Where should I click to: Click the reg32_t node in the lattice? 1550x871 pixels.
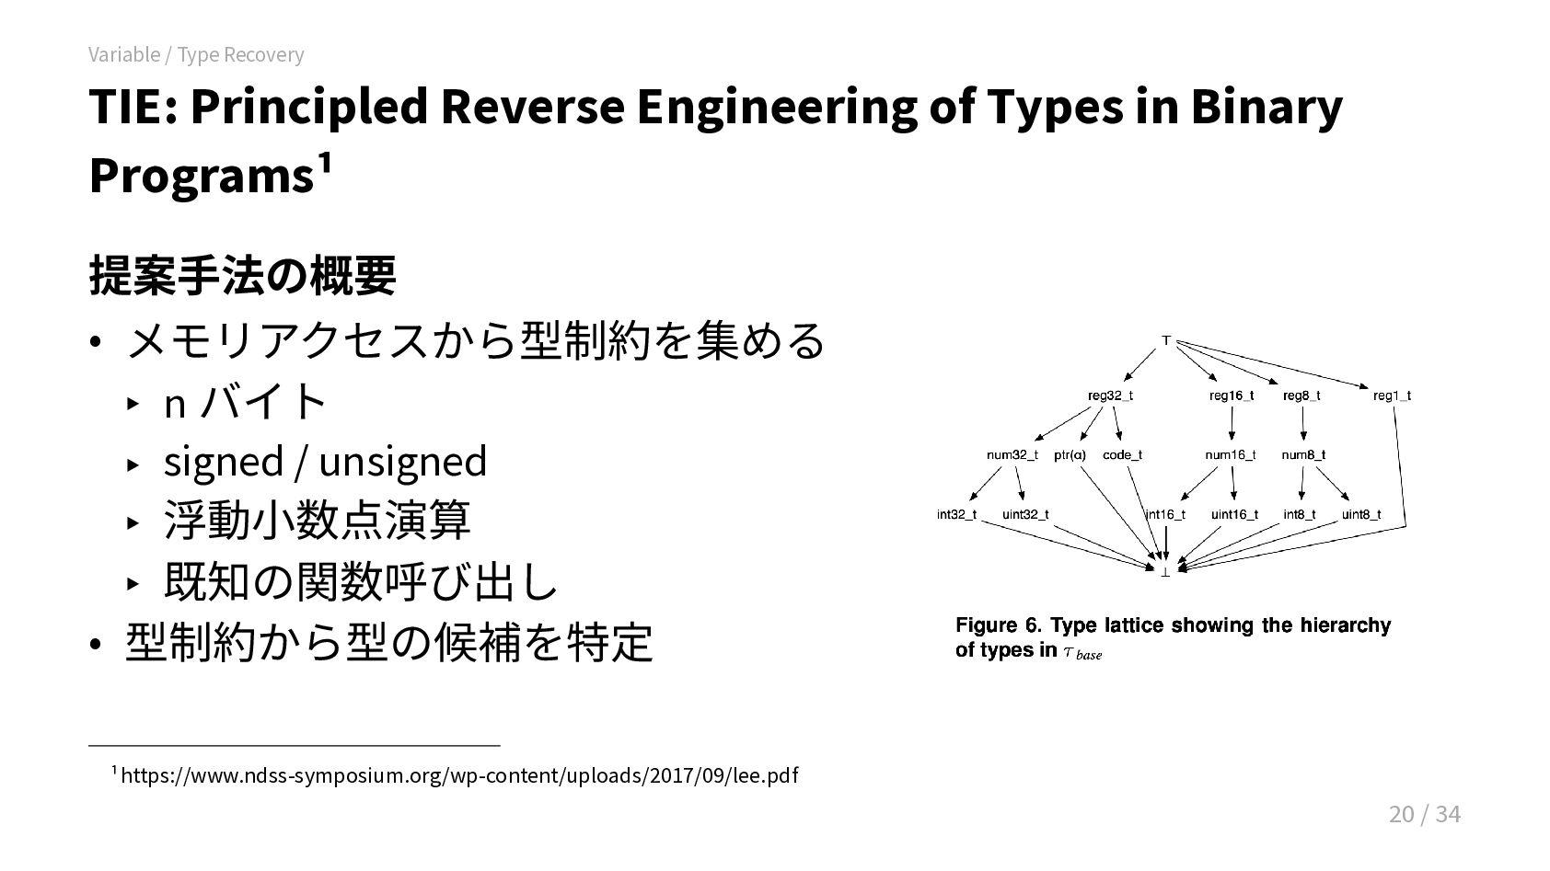point(1110,396)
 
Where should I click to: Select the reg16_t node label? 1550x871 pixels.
point(1231,396)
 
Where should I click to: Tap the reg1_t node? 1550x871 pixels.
point(1392,396)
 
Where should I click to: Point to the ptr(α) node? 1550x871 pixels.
point(1070,455)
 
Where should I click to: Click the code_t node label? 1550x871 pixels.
point(1122,455)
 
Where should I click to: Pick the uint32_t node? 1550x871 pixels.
point(1025,515)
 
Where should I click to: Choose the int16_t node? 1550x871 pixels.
point(1165,515)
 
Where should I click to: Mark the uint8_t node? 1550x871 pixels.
point(1361,515)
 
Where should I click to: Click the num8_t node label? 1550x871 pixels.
point(1303,455)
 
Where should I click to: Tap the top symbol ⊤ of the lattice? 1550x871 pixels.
point(1166,341)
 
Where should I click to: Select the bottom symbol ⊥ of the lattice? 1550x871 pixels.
point(1165,572)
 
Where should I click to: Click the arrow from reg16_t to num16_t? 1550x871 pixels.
point(1232,423)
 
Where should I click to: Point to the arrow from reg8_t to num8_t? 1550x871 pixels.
point(1303,423)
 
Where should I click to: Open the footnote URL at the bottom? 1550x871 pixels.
point(459,775)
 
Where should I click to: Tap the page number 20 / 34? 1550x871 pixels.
point(1424,814)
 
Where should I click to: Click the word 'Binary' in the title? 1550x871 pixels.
point(1267,108)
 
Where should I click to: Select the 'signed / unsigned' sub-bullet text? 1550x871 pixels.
point(325,461)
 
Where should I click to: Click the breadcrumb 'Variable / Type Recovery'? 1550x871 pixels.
point(196,54)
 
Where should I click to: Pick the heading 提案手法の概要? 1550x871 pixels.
point(242,275)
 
